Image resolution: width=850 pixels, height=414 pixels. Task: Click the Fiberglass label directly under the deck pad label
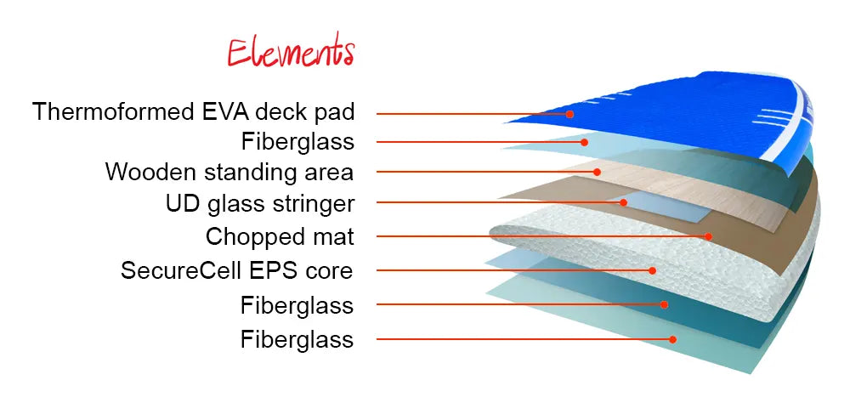coord(297,142)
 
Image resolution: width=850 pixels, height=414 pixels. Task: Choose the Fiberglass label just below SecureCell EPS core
coord(297,306)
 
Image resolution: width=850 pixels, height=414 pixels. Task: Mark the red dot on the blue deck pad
coord(569,114)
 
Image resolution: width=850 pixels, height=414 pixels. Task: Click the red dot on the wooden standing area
coord(597,172)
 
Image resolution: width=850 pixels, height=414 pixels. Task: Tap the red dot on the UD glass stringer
coord(623,202)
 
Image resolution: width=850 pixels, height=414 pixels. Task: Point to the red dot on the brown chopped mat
coord(708,236)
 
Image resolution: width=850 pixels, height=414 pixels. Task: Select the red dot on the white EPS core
coord(653,269)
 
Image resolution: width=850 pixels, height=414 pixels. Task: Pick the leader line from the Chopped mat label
coord(542,236)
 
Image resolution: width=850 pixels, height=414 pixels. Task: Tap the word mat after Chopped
coord(334,237)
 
